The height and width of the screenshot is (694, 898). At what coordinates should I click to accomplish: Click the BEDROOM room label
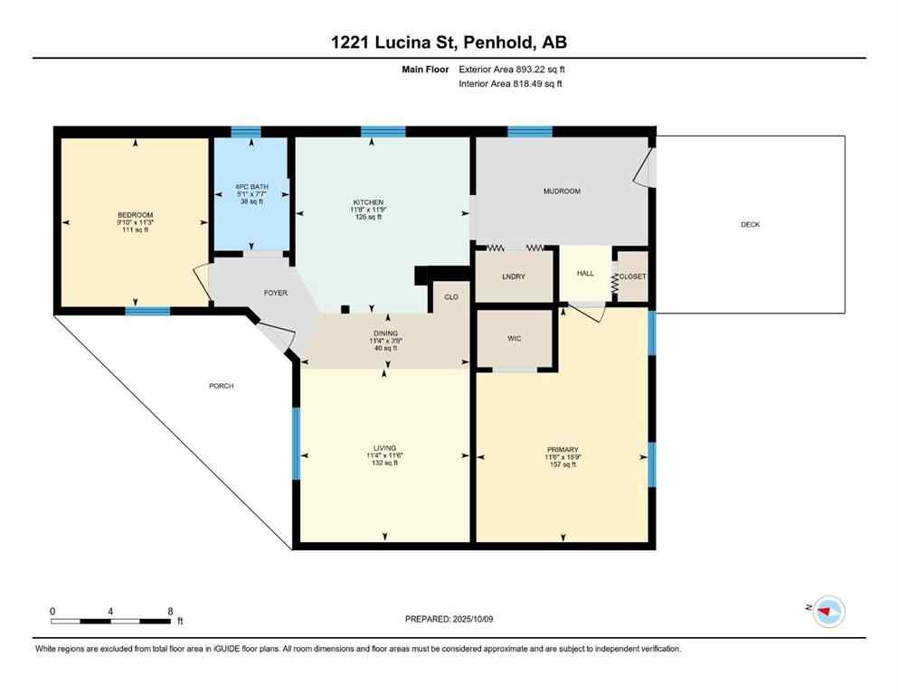coord(135,214)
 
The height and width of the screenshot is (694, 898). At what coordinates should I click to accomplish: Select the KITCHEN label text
coord(368,202)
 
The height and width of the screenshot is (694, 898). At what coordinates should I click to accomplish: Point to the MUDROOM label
coord(562,192)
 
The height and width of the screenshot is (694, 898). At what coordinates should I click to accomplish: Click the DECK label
coord(750,224)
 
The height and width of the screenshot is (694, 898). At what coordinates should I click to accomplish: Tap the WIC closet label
coord(514,339)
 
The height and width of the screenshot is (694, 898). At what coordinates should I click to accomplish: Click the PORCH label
coord(221,386)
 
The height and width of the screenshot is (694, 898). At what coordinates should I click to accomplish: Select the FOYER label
coord(275,293)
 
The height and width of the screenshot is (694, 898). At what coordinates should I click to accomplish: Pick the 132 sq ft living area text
coord(384,464)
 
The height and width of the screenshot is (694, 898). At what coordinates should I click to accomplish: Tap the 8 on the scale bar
coord(170,612)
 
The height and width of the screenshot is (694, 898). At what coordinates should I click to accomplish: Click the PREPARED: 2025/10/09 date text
coord(449,619)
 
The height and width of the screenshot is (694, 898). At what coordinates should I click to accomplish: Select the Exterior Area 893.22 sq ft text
coord(513,69)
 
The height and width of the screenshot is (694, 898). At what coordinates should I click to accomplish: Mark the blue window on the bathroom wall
coord(245,132)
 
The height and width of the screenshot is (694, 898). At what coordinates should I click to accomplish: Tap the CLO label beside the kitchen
coord(450,296)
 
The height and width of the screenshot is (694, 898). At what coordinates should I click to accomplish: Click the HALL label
coord(585,273)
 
